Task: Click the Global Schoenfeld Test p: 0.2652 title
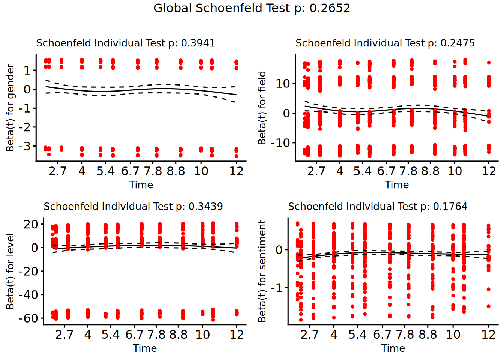(252, 8)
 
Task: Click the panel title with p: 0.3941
(126, 43)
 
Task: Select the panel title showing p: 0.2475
(385, 43)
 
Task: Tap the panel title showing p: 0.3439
(133, 207)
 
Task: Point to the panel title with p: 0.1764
(378, 207)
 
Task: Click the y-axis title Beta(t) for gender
(10, 108)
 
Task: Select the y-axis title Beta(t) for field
(262, 108)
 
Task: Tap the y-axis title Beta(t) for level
(10, 271)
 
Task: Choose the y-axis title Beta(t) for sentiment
(262, 271)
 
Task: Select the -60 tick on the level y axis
(28, 318)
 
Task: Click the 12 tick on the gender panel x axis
(236, 171)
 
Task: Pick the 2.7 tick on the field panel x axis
(316, 171)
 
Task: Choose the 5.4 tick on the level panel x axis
(110, 335)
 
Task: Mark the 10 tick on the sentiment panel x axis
(453, 335)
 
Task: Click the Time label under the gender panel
(141, 185)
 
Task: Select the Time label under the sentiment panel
(393, 348)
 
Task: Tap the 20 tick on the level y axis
(31, 225)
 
